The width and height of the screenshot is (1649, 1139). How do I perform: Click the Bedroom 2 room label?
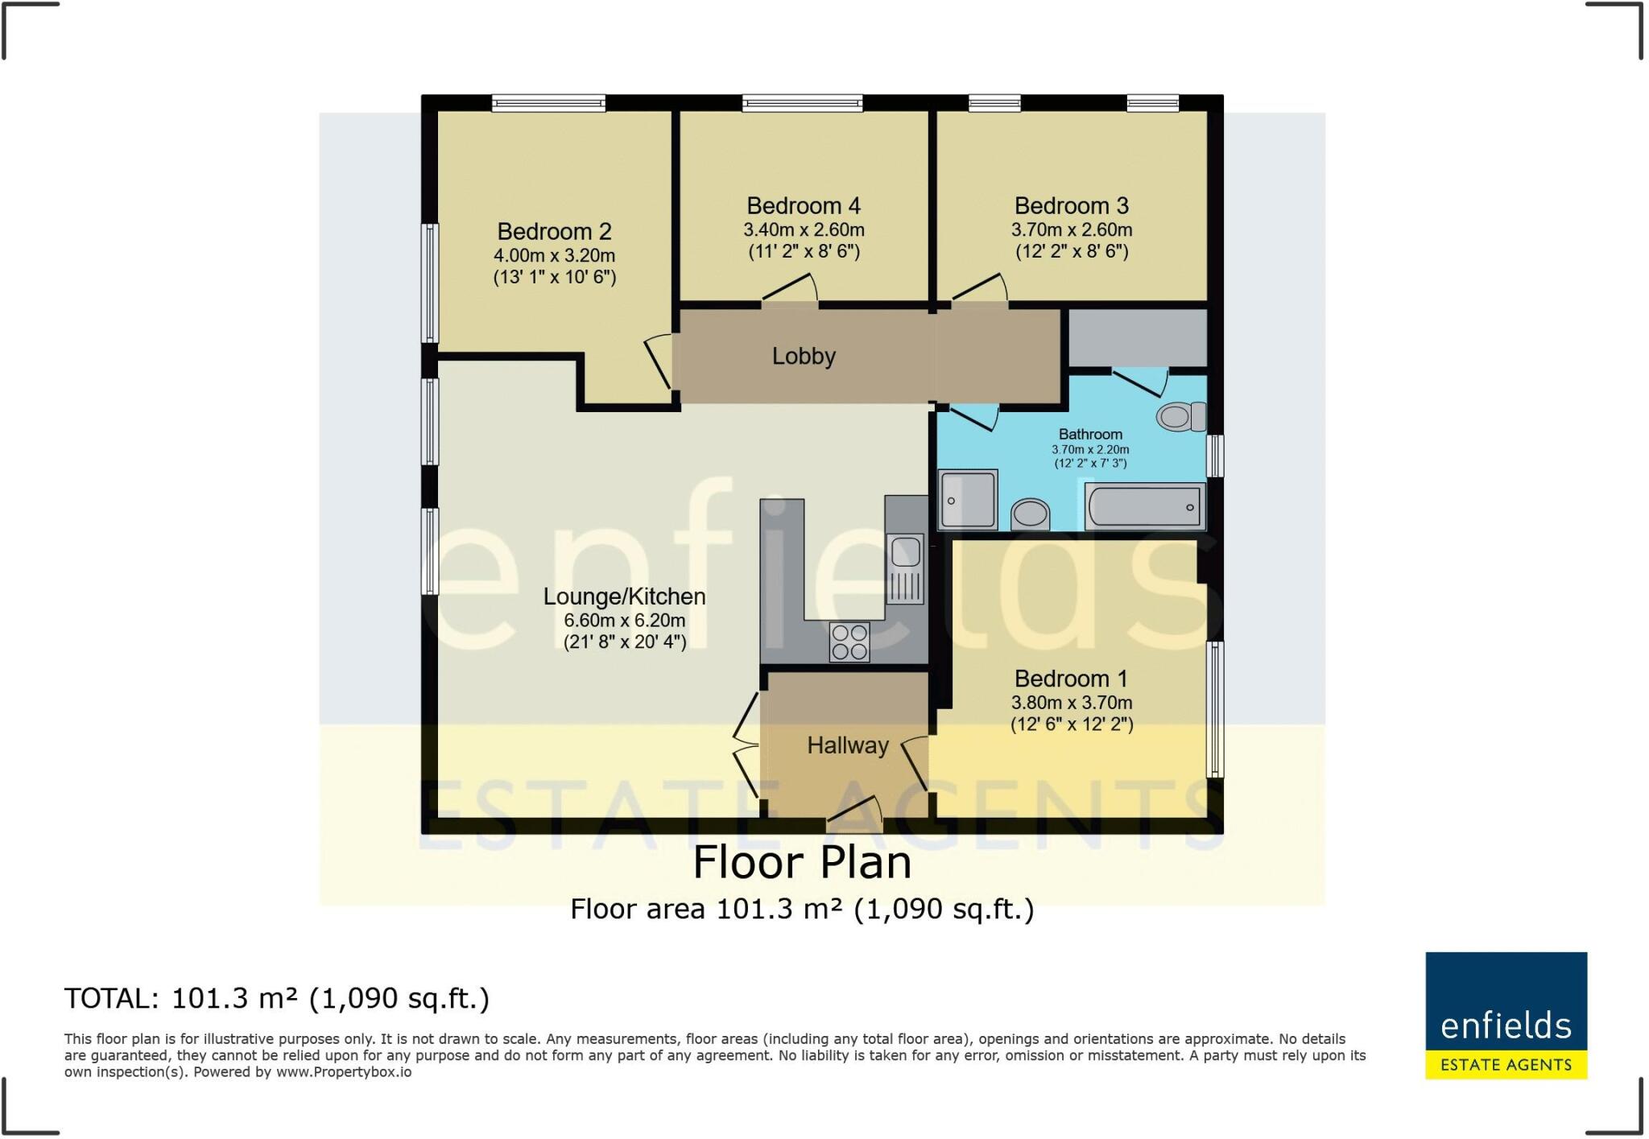tap(554, 232)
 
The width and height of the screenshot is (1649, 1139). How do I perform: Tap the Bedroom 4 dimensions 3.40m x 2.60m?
tap(804, 230)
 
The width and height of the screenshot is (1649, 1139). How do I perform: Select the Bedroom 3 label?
tap(1071, 206)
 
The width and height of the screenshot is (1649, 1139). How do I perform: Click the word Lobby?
tap(804, 356)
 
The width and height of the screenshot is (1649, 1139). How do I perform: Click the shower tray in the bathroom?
tap(968, 500)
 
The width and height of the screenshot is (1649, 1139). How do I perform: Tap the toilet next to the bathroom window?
tap(1180, 417)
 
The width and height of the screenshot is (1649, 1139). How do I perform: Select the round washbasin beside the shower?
tap(1030, 513)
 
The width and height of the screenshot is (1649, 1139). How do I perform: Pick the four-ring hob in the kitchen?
tap(849, 642)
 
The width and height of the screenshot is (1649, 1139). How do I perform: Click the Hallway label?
tap(847, 745)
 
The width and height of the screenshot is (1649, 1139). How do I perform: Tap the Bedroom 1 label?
tap(1071, 679)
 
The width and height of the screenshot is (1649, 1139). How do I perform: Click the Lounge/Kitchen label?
tap(624, 596)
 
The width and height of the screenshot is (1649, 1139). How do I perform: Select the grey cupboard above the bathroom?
tap(1137, 338)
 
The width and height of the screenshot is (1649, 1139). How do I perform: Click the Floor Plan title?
tap(802, 863)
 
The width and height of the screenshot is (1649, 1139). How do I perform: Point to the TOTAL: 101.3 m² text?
tap(276, 998)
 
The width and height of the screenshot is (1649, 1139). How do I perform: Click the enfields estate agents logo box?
tap(1506, 1015)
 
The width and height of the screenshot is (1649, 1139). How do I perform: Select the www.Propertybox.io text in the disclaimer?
tap(344, 1072)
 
